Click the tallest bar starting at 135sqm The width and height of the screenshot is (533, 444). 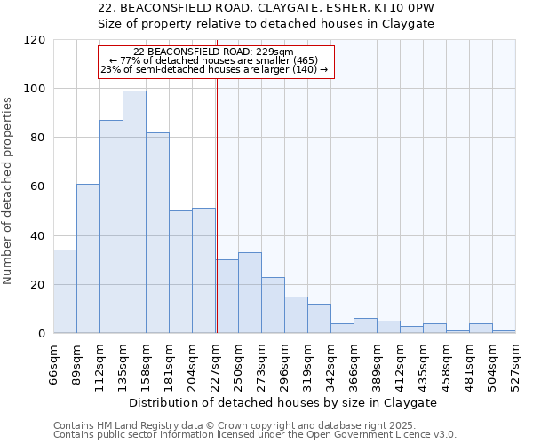pyautogui.click(x=134, y=212)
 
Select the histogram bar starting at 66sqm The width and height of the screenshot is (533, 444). pyautogui.click(x=65, y=292)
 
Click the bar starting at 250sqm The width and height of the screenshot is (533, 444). pyautogui.click(x=250, y=293)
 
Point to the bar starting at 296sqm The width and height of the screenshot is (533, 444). pyautogui.click(x=296, y=315)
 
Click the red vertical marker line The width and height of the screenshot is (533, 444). pyautogui.click(x=217, y=204)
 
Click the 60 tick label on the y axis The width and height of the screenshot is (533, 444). pyautogui.click(x=38, y=186)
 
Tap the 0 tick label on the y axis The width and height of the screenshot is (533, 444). pyautogui.click(x=42, y=334)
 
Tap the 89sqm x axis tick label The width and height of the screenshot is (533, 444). pyautogui.click(x=77, y=361)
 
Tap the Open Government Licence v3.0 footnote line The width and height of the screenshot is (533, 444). pyautogui.click(x=255, y=434)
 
